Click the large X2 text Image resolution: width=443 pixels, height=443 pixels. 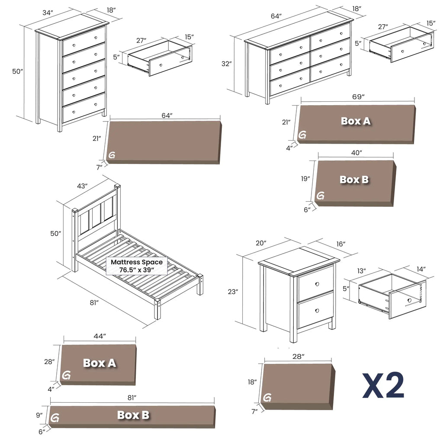pos(383,385)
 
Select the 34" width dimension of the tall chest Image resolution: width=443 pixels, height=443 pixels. pos(48,13)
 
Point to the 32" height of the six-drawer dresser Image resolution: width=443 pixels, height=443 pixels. pos(226,64)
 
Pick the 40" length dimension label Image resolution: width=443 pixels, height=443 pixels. pos(356,153)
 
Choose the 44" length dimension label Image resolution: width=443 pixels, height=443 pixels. pos(99,336)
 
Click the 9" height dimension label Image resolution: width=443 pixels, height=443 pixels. pos(40,415)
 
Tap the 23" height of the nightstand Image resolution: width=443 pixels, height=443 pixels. pos(233,292)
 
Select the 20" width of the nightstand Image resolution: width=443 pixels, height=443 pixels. pos(261,243)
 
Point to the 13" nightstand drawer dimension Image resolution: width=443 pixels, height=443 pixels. pos(361,271)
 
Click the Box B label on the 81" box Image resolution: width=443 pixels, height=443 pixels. pos(133,415)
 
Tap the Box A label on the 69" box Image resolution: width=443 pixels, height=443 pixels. pos(356,121)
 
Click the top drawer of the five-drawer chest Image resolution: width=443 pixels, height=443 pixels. pos(84,41)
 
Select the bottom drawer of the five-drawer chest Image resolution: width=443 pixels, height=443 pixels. pos(84,108)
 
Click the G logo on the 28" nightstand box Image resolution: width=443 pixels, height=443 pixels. pos(268,398)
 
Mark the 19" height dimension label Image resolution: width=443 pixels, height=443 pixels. pos(305,179)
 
